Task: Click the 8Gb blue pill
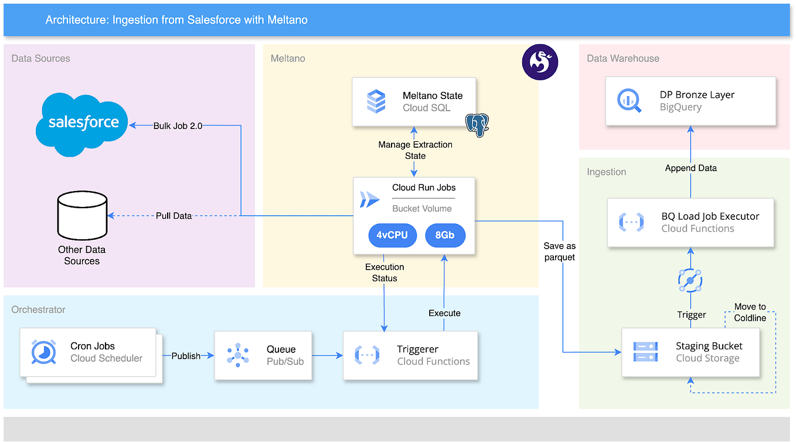point(445,236)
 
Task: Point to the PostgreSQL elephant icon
point(477,124)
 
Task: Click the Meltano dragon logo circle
point(540,62)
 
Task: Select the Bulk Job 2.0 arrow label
point(178,125)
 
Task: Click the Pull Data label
point(174,216)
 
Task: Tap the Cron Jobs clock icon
point(44,352)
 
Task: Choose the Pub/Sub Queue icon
point(238,355)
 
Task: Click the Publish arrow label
point(186,356)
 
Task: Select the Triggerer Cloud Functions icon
point(367,355)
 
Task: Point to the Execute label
point(444,313)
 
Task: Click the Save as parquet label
point(559,251)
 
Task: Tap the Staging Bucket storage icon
point(645,352)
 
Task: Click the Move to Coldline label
point(750,312)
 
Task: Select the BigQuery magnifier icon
point(630,100)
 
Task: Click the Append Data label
point(690,168)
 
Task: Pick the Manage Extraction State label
point(415,150)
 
